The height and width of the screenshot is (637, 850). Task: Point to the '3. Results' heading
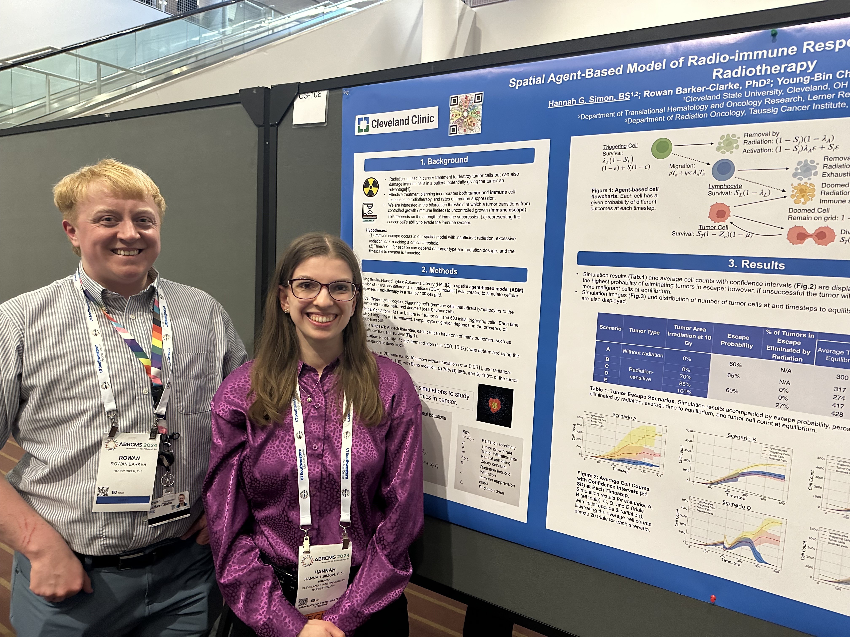pyautogui.click(x=756, y=264)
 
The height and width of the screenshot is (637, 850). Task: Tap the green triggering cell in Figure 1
pyautogui.click(x=662, y=149)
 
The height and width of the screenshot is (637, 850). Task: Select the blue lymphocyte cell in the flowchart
pyautogui.click(x=723, y=170)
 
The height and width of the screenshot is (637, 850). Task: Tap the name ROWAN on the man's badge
pyautogui.click(x=129, y=458)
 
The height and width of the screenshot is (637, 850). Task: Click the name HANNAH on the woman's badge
pyautogui.click(x=325, y=571)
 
